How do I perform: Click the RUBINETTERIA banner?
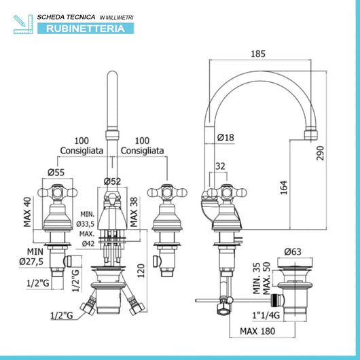[x=86, y=29]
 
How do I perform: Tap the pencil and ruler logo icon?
[x=23, y=24]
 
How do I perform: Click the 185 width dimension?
[x=258, y=54]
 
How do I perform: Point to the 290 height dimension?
[x=321, y=153]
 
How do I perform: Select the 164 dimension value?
[x=284, y=187]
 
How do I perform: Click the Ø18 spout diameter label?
[x=226, y=137]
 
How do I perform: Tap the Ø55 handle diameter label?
[x=56, y=173]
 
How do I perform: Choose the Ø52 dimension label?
[x=112, y=181]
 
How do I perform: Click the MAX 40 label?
[x=27, y=212]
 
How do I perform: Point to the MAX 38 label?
[x=134, y=212]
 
